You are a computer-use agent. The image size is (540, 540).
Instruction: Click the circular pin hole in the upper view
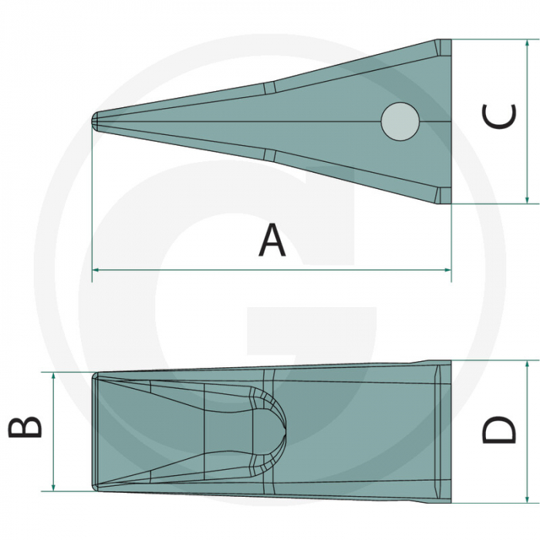(400, 122)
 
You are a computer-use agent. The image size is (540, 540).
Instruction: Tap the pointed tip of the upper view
(94, 122)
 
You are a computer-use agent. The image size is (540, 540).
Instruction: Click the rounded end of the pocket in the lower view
(282, 427)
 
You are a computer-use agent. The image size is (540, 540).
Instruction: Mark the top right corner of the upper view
(451, 41)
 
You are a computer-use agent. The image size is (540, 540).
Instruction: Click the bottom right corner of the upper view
(451, 204)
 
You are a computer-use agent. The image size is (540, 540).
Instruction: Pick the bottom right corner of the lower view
(451, 503)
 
